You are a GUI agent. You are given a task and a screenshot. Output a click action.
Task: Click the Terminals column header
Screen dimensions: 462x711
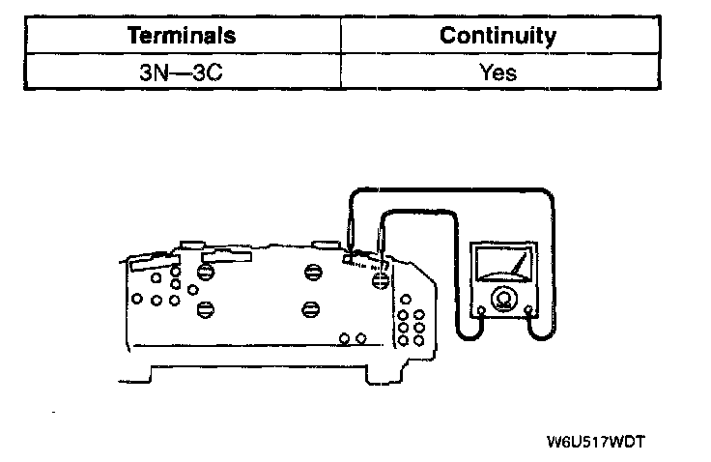click(x=182, y=37)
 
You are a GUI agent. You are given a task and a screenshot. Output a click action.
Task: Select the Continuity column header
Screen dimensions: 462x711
click(x=498, y=37)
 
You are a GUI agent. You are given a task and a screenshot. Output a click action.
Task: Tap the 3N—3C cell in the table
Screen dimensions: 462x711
click(x=182, y=72)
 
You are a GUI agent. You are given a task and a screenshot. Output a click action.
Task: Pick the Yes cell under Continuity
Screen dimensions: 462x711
click(x=498, y=72)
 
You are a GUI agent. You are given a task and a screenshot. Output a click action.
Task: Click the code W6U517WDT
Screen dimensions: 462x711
click(x=595, y=443)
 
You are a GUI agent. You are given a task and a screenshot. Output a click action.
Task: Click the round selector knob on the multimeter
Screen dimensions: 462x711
click(x=502, y=299)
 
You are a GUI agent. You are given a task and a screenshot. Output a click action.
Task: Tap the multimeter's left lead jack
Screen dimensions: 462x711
click(x=480, y=310)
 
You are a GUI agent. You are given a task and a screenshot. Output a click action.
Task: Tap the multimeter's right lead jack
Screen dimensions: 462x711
click(x=527, y=310)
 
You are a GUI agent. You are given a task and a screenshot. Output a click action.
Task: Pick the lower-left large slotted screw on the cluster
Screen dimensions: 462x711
click(x=204, y=309)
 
